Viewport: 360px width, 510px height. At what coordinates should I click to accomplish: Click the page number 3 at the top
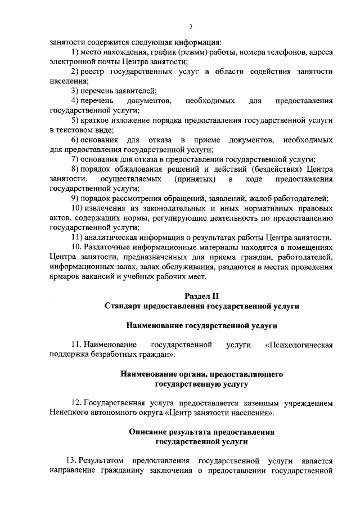[191, 26]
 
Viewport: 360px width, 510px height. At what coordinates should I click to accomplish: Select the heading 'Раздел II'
[201, 296]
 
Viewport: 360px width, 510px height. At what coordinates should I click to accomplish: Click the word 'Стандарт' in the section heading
[122, 306]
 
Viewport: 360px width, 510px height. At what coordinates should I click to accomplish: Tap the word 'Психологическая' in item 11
[303, 344]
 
